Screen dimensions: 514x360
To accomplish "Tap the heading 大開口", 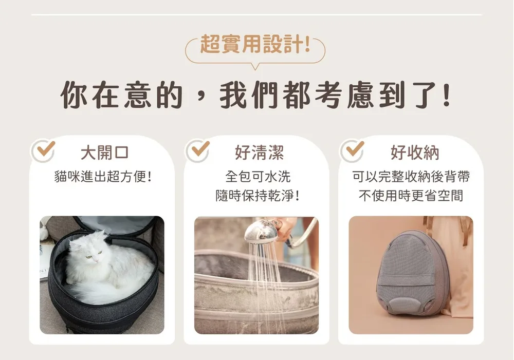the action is [x=104, y=153].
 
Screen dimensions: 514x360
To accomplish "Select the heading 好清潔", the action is [x=259, y=153].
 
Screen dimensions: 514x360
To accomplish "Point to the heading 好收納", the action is [x=415, y=153].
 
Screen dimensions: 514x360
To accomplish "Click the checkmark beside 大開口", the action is [x=46, y=149].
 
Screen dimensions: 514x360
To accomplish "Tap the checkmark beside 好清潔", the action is [x=200, y=149].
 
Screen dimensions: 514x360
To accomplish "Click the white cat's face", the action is [x=93, y=254].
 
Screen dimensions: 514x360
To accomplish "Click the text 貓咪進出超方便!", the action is [x=103, y=177].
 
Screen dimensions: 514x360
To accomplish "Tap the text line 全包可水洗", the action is [x=258, y=177].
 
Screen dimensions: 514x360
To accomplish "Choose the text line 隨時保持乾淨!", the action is [x=258, y=196].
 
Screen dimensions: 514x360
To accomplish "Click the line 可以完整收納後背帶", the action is [x=411, y=177].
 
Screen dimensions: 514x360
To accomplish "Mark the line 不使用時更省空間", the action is [x=411, y=196].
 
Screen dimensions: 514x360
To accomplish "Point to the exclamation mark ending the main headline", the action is [x=446, y=95].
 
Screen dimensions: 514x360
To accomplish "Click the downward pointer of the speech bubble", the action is [x=255, y=66].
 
